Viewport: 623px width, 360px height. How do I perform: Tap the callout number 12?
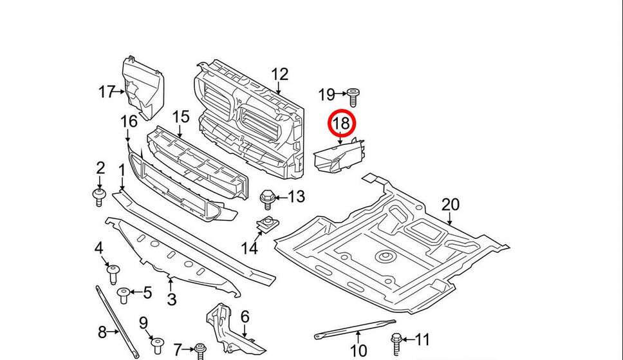[280, 75]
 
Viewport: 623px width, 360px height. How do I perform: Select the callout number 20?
[451, 205]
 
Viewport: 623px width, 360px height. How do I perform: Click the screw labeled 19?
[353, 97]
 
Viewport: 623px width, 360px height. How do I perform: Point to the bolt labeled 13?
[266, 198]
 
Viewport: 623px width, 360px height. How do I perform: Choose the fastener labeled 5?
[124, 296]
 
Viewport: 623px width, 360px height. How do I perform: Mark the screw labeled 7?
[200, 350]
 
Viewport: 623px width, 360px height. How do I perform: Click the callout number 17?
[106, 92]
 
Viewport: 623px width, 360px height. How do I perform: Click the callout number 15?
[181, 117]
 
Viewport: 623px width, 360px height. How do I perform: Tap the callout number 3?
[171, 299]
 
